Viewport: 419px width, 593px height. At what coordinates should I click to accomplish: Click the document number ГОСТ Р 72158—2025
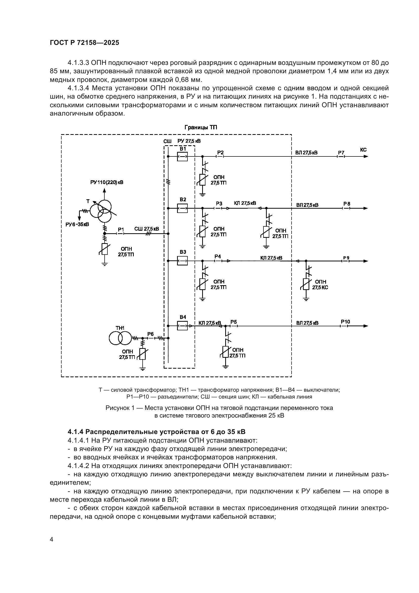coord(84,43)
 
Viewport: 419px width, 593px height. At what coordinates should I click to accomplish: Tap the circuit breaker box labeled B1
coord(182,156)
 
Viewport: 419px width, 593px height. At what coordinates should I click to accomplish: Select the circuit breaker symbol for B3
coord(182,261)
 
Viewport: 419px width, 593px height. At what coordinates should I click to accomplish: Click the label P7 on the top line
coord(341,153)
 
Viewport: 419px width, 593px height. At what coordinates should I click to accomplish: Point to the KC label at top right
coord(363,150)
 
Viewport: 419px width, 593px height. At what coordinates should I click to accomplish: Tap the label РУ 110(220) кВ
coord(107,182)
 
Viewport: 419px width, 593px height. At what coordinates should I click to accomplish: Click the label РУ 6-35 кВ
coord(77,224)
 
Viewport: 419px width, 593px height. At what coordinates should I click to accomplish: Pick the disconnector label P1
coord(121,229)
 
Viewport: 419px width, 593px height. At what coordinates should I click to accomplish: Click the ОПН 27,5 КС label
coord(320,284)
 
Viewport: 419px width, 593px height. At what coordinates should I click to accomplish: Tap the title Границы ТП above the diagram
coord(201,128)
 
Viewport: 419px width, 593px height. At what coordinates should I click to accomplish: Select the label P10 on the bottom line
coord(345,322)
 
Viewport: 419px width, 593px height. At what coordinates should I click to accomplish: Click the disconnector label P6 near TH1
coord(150,334)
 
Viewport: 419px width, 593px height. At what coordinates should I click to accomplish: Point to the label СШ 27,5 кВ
coord(146,229)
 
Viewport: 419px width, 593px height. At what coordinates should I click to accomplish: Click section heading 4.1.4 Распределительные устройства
coord(157,432)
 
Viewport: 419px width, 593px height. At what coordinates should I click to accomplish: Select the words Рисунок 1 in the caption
coord(120,408)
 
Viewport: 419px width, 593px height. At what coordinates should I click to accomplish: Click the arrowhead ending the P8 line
coord(366,208)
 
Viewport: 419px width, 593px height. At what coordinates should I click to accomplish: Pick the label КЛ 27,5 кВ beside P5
coord(210,323)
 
